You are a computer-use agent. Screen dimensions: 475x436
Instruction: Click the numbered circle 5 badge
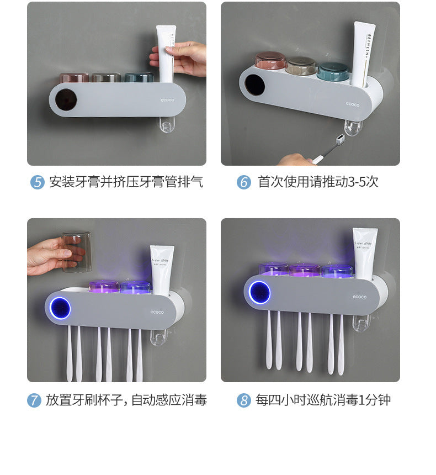pos(37,182)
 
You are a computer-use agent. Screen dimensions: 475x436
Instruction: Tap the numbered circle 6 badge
pos(244,182)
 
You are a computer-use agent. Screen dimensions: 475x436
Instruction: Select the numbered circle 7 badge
pos(34,400)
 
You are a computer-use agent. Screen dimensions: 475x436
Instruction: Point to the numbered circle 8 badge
pos(244,400)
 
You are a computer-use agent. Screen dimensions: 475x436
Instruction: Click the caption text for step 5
pos(126,182)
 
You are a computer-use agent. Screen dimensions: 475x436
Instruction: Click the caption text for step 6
pos(318,182)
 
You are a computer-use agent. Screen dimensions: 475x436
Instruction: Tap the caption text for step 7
pos(126,400)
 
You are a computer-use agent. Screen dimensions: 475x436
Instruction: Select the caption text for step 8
pos(323,400)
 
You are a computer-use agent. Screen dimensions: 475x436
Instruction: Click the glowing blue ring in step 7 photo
pos(60,308)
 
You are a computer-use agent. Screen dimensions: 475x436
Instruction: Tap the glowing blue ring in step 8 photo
pos(259,292)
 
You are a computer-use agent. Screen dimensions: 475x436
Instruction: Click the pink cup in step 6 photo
pos(270,61)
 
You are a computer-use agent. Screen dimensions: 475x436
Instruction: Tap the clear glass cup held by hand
pos(77,252)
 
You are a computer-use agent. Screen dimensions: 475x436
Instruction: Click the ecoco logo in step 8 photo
pos(359,297)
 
